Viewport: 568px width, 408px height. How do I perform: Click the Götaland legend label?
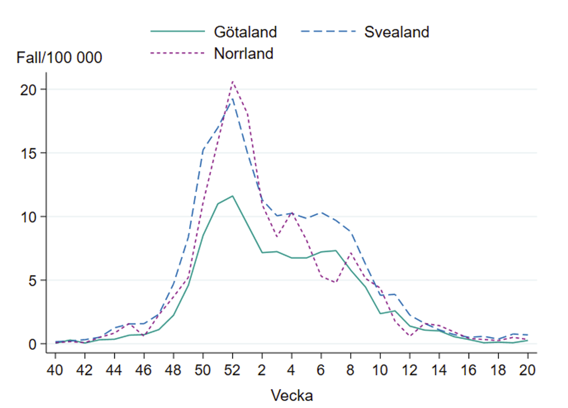pos(245,32)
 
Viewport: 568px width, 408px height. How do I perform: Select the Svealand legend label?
pos(396,32)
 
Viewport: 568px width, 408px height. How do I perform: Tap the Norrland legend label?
pos(244,53)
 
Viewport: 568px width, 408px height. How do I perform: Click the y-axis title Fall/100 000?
pos(59,58)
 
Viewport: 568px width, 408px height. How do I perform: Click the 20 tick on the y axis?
pos(30,89)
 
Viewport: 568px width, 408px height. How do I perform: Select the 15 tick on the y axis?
pos(30,153)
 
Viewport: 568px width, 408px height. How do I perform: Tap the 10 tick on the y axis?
pos(30,216)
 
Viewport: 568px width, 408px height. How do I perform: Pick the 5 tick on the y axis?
pos(33,280)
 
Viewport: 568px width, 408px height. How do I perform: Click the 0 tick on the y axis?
pos(33,343)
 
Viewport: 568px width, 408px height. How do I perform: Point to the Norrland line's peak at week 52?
pos(233,81)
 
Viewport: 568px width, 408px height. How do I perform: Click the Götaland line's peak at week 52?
pos(232,196)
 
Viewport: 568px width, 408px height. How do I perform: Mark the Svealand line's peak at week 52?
pos(232,98)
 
